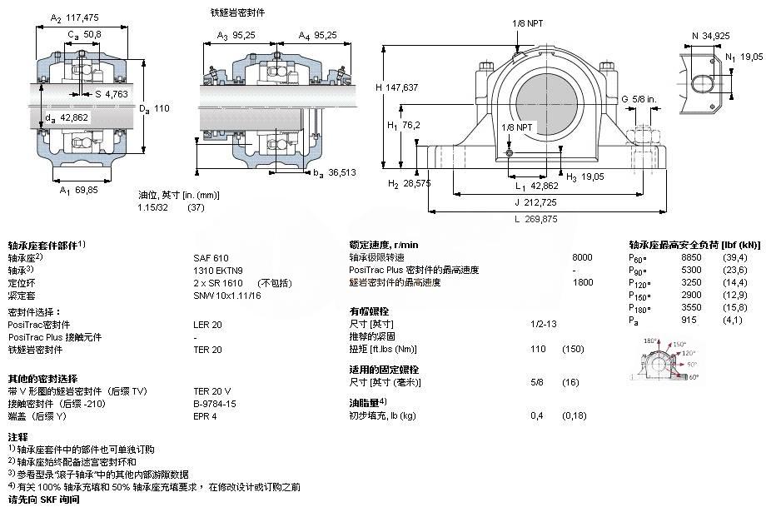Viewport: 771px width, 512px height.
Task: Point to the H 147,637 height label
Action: click(x=402, y=87)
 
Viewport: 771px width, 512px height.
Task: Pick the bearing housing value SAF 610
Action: click(x=210, y=258)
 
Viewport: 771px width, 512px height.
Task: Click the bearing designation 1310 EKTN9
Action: click(x=219, y=271)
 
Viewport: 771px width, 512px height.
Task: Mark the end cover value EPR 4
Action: click(x=205, y=416)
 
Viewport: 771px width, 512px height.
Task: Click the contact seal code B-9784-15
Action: click(x=215, y=404)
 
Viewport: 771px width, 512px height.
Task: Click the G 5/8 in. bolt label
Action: click(x=639, y=100)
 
